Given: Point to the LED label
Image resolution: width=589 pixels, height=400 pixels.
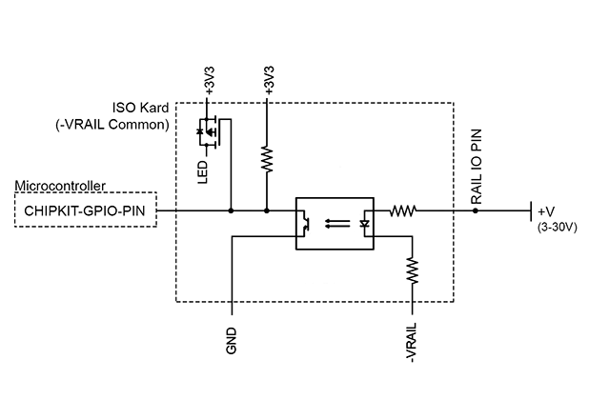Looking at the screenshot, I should point(203,172).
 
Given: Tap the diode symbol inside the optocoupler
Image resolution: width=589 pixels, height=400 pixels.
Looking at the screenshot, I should point(365,225).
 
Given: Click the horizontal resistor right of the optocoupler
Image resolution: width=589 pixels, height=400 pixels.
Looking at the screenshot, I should point(404,210).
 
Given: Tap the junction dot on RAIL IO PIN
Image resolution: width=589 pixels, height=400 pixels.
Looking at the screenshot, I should point(475,210).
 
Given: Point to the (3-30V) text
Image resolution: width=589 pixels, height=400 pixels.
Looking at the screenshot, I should point(557,227).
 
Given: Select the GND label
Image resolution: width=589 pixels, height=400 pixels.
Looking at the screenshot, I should point(232,340).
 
